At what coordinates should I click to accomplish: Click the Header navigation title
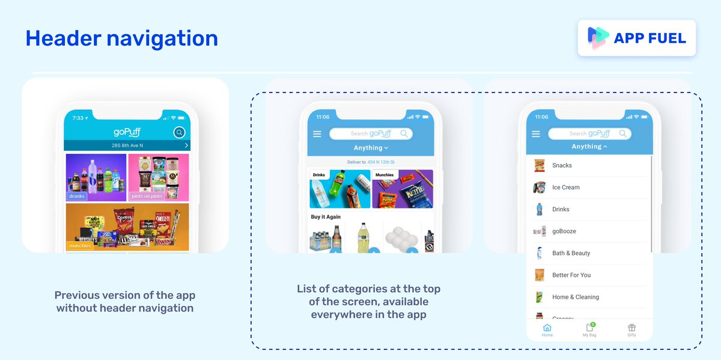(x=121, y=38)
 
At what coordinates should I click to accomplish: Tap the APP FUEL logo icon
(x=598, y=38)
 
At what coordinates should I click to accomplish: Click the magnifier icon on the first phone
(x=178, y=133)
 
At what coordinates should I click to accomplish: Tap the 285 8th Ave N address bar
(x=127, y=145)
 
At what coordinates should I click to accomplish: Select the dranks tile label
(x=77, y=196)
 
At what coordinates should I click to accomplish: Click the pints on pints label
(x=147, y=196)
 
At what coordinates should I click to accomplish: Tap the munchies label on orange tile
(x=80, y=246)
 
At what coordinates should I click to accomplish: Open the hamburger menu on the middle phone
(x=317, y=134)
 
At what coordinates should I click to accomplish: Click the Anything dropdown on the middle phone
(x=371, y=148)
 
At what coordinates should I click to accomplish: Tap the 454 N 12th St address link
(x=382, y=162)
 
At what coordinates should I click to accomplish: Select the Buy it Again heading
(x=326, y=217)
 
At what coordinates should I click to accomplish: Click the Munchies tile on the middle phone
(x=403, y=189)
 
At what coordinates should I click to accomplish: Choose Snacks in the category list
(x=562, y=165)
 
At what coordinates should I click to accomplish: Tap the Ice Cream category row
(x=566, y=188)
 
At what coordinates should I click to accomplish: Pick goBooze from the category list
(x=564, y=231)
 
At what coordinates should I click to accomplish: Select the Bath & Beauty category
(x=571, y=253)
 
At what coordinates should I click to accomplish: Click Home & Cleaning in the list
(x=576, y=297)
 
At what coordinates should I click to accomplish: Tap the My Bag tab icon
(x=589, y=328)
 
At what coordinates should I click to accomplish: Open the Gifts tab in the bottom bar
(x=631, y=328)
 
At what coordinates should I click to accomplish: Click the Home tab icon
(x=547, y=328)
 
